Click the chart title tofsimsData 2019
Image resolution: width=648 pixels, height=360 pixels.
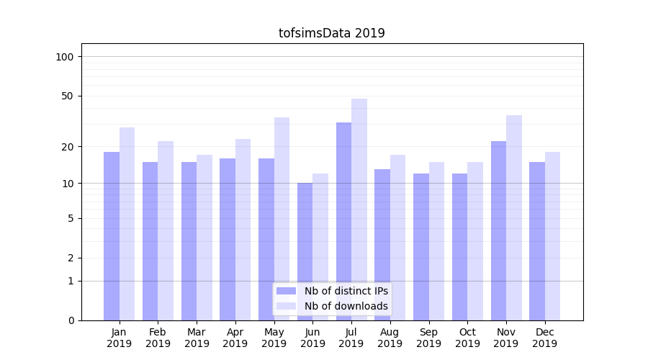point(331,33)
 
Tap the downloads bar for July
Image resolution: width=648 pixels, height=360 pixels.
point(359,210)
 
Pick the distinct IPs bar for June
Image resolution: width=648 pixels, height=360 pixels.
point(305,251)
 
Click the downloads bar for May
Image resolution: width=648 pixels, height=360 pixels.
point(282,219)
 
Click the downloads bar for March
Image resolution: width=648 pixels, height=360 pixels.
point(204,238)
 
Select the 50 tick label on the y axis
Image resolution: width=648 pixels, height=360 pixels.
point(67,96)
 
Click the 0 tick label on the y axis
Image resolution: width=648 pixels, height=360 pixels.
point(70,320)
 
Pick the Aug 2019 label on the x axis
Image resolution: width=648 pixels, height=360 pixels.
point(390,338)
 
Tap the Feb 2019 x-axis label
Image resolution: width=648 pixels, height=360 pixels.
point(158,338)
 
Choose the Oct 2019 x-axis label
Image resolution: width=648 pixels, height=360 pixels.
point(467,338)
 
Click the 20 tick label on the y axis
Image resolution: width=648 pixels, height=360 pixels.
point(67,147)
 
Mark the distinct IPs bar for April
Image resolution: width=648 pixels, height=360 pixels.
point(228,239)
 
